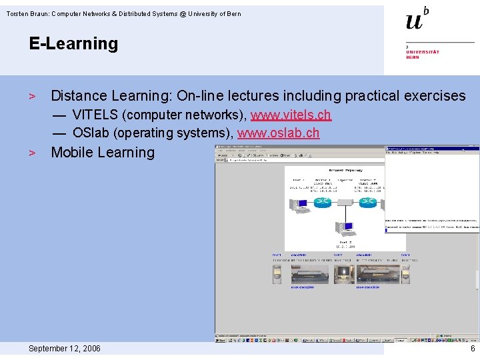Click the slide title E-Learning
73,44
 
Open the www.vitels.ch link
291,115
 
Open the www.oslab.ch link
278,133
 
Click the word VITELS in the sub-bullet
94,115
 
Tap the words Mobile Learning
103,152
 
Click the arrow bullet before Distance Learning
31,97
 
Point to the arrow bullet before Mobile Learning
31,153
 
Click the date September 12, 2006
65,349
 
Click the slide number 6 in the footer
473,349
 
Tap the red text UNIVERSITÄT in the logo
423,52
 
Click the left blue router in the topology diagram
323,201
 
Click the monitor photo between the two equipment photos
344,275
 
